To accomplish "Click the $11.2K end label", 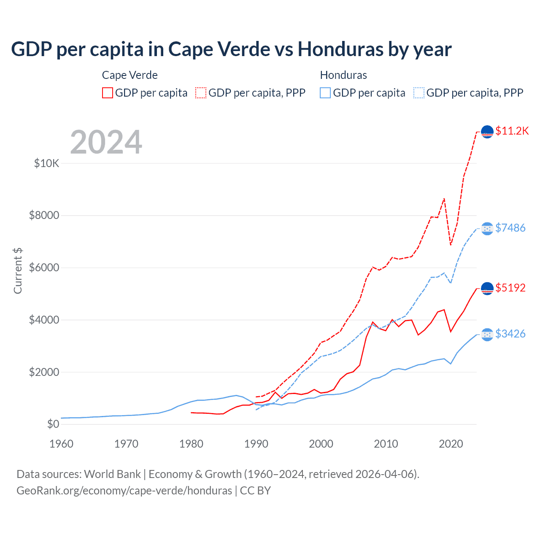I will click(x=512, y=131).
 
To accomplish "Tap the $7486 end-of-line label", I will click(x=510, y=228).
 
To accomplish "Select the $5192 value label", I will click(x=510, y=288).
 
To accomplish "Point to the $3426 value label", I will click(x=510, y=334).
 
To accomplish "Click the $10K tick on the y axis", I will click(x=46, y=163).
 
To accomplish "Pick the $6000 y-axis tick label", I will click(x=44, y=268).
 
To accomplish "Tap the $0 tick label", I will click(x=53, y=424).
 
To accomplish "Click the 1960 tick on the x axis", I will click(x=62, y=444).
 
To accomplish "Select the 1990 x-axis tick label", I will click(x=256, y=444).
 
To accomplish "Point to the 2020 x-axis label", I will click(x=451, y=444).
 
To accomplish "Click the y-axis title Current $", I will click(x=18, y=270).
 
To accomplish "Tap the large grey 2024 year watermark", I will click(x=106, y=142).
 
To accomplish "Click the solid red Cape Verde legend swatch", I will click(x=108, y=93).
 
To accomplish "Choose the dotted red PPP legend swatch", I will click(x=201, y=93).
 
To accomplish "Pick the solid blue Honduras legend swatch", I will click(x=325, y=93).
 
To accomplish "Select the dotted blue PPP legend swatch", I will click(x=419, y=93).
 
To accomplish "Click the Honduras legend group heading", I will click(x=343, y=75).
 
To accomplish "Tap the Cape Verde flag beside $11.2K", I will click(x=487, y=132).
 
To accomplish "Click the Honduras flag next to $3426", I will click(x=487, y=335).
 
